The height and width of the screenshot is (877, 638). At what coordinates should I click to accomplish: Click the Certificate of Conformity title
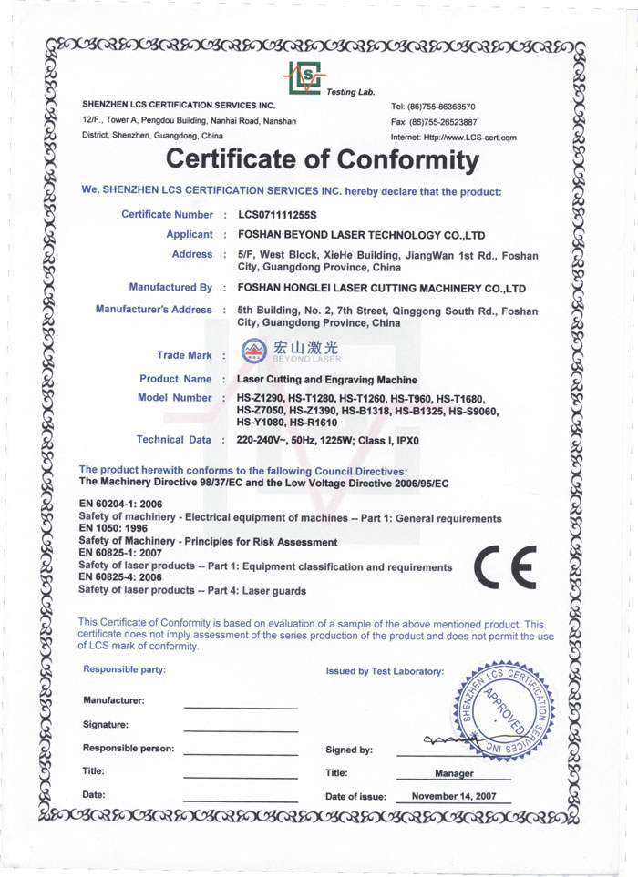[x=322, y=160]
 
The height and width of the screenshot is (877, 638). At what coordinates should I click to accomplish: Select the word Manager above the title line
[x=454, y=773]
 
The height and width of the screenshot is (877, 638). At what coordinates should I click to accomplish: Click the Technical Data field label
[x=173, y=440]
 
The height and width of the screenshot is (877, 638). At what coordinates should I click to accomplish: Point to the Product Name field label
[x=175, y=379]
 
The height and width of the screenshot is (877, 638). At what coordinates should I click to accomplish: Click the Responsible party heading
[x=124, y=670]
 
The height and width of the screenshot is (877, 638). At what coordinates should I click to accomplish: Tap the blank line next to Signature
[x=241, y=729]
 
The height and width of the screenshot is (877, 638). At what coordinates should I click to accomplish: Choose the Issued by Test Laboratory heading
[x=385, y=671]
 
